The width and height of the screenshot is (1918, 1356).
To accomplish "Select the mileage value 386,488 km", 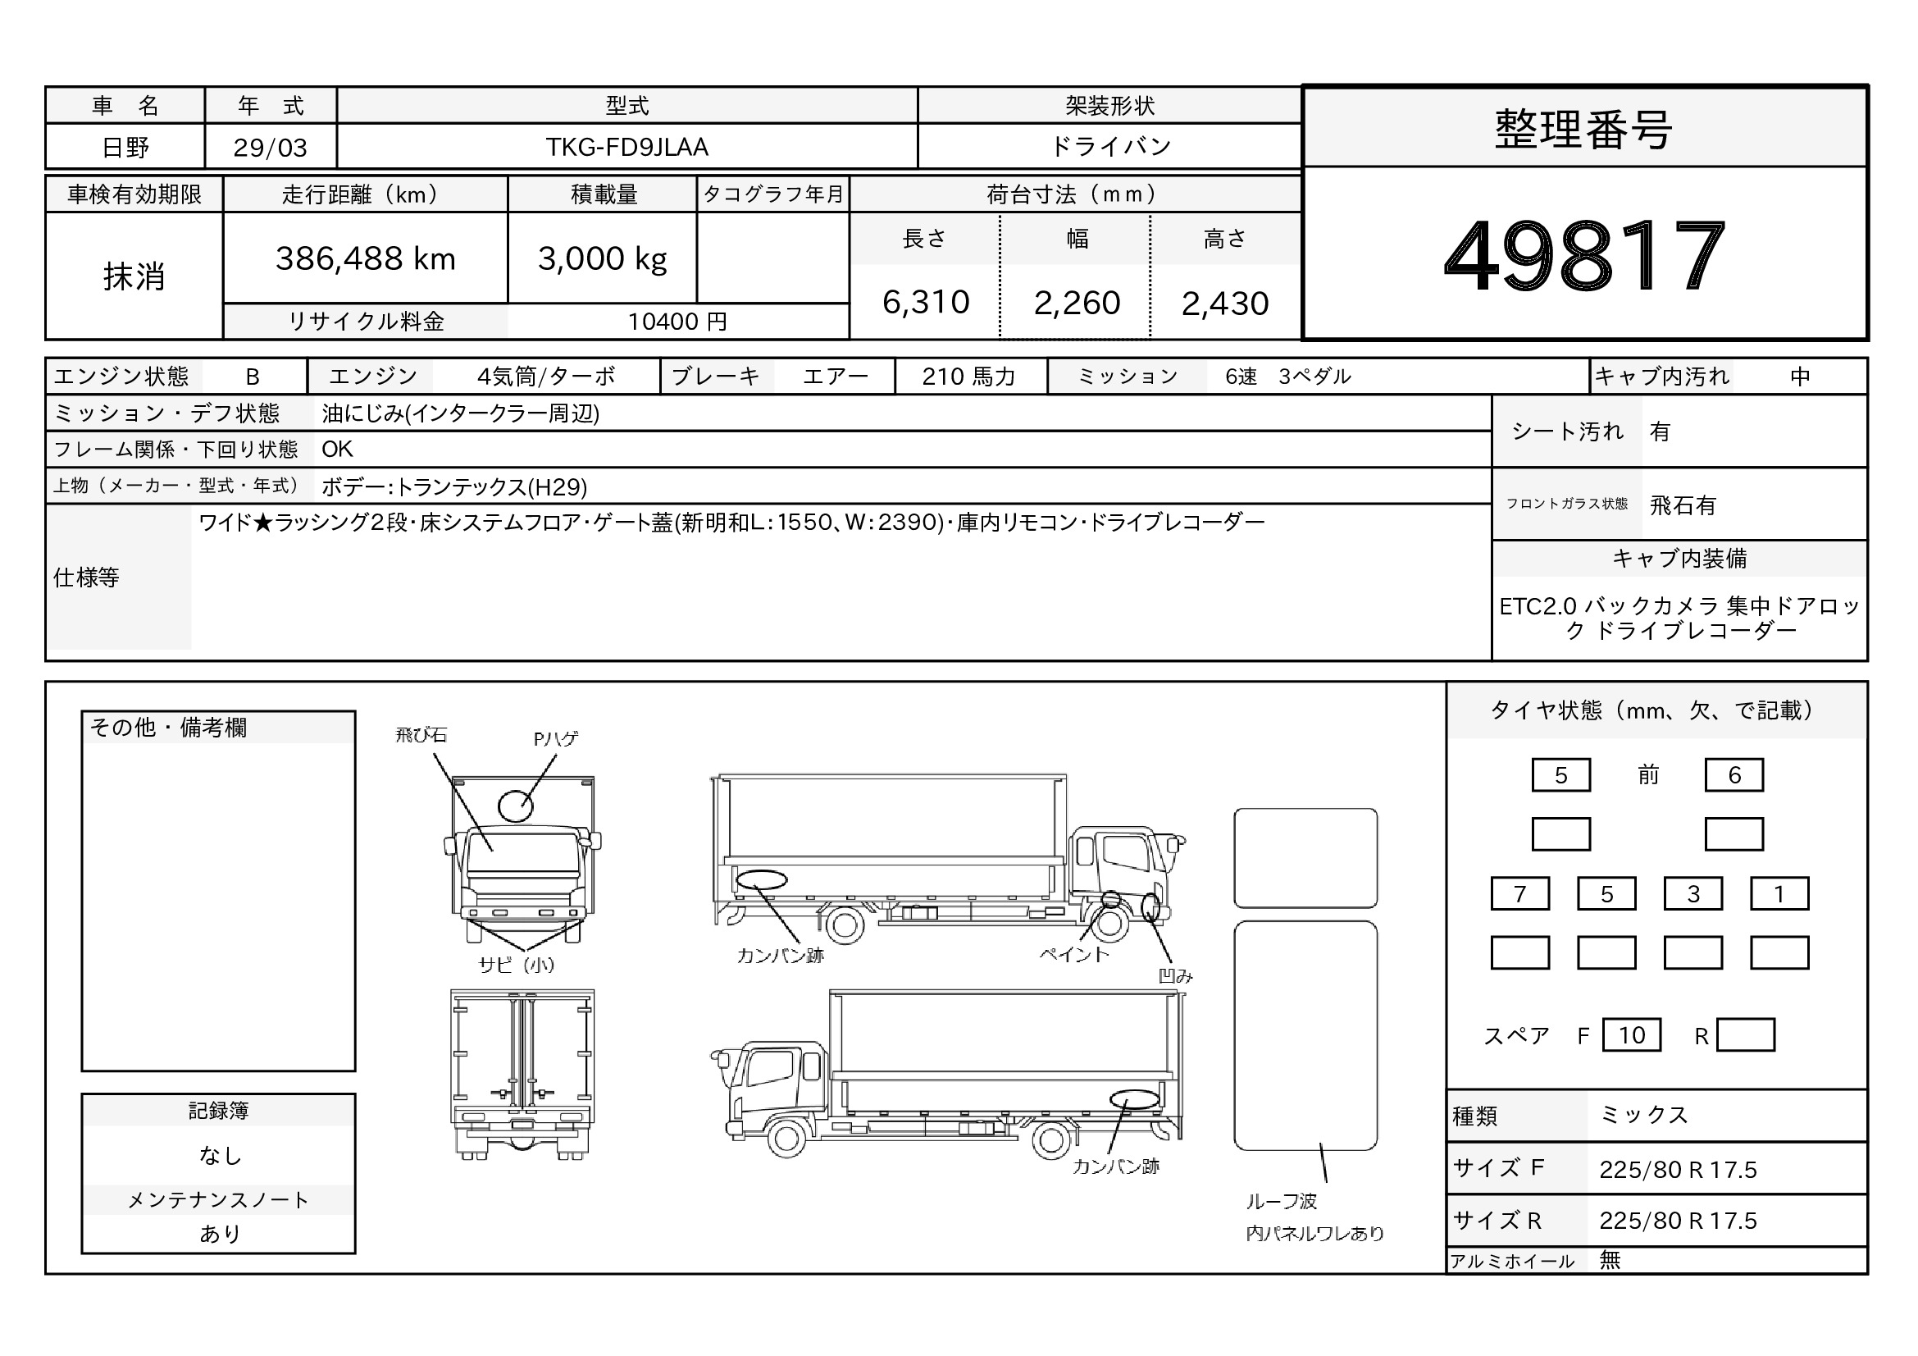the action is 365,259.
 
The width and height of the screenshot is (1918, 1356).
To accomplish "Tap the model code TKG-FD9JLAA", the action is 626,147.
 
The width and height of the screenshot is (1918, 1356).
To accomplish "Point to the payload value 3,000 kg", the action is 603,259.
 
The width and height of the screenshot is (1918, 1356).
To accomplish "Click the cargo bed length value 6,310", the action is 926,303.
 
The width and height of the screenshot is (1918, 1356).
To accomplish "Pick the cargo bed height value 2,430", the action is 1224,304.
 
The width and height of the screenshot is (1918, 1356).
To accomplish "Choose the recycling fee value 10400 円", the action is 677,322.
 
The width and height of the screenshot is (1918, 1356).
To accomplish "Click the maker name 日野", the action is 125,148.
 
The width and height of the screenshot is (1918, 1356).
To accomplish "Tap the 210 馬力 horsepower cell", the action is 969,377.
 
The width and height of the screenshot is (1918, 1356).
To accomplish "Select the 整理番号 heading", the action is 1584,130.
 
